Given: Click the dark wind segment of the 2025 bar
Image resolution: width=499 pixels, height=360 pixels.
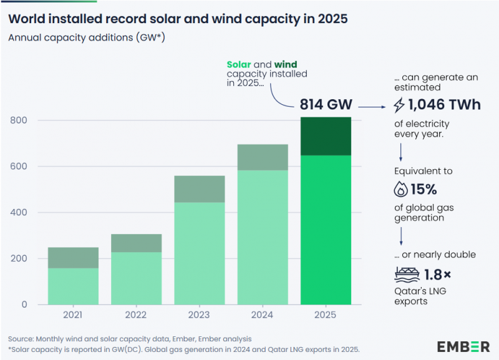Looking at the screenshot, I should [325, 136].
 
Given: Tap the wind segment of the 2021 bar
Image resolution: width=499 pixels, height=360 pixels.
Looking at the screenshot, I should [73, 258].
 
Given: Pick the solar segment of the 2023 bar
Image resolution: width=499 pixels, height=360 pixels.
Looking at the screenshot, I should [199, 253].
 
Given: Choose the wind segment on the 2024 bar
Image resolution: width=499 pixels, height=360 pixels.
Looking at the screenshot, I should [262, 157].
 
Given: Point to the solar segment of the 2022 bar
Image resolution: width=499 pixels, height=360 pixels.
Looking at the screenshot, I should [136, 278].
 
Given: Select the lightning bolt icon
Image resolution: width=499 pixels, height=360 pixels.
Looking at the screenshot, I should [400, 104].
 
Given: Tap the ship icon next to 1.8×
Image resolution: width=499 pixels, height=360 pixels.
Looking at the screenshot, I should [406, 274].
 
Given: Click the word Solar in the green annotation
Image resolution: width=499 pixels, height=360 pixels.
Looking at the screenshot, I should [238, 64].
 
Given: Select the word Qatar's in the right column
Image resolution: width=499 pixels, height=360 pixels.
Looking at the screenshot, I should [409, 290].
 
